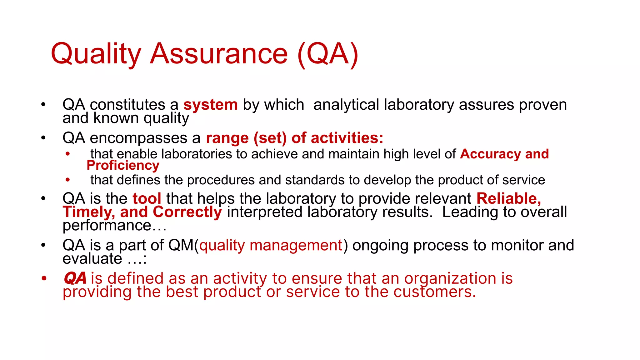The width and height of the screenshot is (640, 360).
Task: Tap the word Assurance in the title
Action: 218,54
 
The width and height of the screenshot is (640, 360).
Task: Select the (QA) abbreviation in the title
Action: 327,54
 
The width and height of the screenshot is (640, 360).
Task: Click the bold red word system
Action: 210,105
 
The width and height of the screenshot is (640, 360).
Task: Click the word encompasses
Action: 145,138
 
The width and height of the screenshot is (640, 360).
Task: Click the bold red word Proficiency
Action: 123,165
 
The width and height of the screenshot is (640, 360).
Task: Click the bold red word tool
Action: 147,199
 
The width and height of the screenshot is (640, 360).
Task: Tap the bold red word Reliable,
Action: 509,199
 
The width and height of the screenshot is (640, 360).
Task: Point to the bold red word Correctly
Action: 187,212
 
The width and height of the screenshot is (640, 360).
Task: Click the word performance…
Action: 114,226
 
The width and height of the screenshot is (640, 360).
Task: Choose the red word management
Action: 296,246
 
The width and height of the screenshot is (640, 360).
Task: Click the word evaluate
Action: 92,259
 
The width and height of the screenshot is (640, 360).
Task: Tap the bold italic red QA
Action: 75,278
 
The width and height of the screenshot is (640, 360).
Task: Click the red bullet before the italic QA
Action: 44,278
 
